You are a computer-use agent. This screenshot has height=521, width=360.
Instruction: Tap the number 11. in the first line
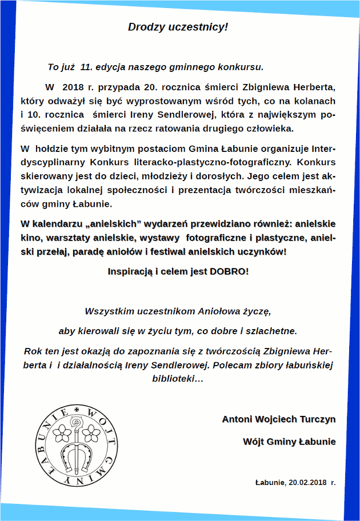pyautogui.click(x=87, y=66)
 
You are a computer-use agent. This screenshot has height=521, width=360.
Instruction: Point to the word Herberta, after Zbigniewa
pyautogui.click(x=314, y=87)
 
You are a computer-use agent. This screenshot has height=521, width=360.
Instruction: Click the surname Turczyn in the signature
pyautogui.click(x=318, y=419)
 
